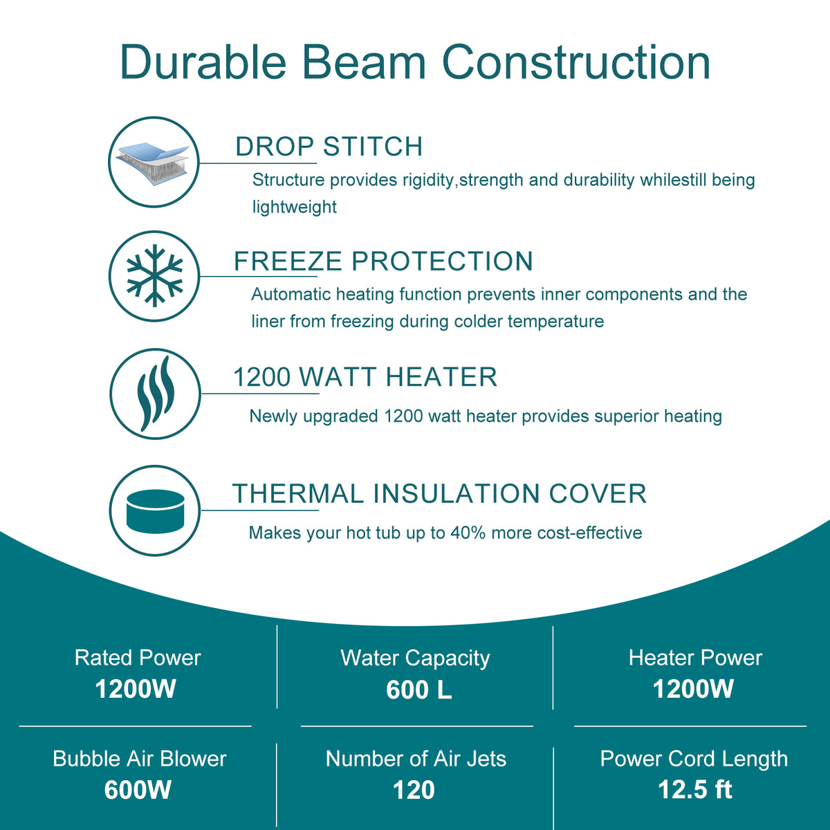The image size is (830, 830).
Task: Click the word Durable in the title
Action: point(203,61)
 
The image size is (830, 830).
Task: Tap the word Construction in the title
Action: point(576,62)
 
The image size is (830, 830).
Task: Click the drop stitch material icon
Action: point(154,163)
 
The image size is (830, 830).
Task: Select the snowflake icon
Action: point(155,276)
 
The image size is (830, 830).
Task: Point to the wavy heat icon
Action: point(156,394)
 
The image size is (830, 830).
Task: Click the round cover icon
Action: point(155,510)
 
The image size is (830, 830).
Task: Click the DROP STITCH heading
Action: point(329,147)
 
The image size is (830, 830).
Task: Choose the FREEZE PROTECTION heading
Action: point(383,261)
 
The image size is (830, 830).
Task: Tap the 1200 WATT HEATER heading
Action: point(365,377)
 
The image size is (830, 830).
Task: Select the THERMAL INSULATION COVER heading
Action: point(439,494)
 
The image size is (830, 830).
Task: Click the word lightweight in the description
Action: point(295,207)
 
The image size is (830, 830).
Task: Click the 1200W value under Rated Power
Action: point(136,689)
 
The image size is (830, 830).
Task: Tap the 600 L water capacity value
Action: point(419,690)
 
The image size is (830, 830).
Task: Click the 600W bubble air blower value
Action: point(138,790)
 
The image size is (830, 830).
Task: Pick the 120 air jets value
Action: point(414,791)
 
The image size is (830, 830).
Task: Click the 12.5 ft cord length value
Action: point(695,789)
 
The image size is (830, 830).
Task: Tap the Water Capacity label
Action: point(415,658)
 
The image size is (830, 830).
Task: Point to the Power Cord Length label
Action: point(694,759)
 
